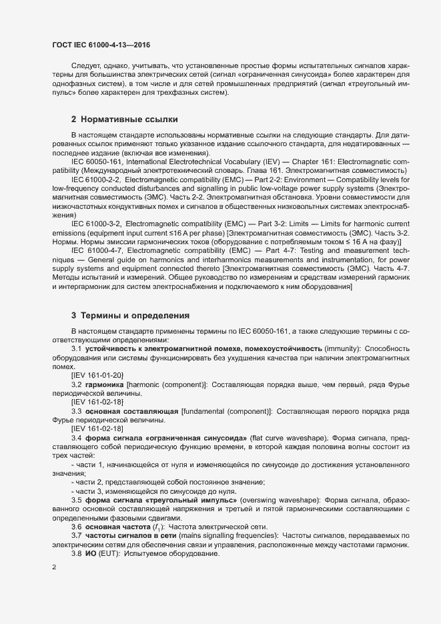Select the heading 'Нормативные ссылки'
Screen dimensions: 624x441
coord(129,120)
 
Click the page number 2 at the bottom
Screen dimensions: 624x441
coord(54,567)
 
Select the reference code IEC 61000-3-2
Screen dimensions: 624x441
coord(95,240)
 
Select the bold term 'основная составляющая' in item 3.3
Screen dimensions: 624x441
coord(131,411)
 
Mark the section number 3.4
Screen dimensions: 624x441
coord(76,438)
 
